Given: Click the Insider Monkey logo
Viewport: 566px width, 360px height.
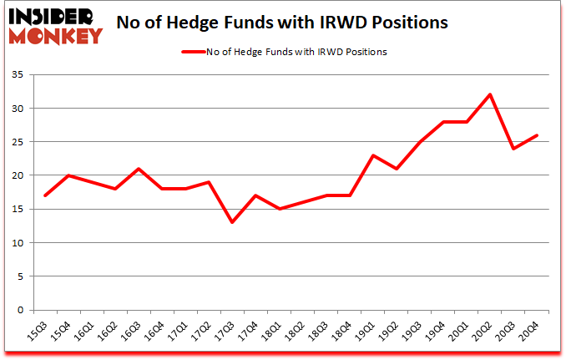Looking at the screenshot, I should coord(55,24).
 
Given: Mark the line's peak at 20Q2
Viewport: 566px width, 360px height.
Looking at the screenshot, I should coord(490,94).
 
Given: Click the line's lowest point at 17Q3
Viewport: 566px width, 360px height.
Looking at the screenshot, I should coord(232,222).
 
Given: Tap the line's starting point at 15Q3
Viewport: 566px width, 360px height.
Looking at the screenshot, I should coord(45,195).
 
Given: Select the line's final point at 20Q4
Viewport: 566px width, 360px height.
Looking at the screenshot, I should coord(537,135).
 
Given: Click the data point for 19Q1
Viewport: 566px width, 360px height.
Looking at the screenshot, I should coord(373,155).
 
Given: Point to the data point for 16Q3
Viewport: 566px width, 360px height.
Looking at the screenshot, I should coord(139,169).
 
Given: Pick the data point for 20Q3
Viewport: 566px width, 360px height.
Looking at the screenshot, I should coord(513,149).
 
